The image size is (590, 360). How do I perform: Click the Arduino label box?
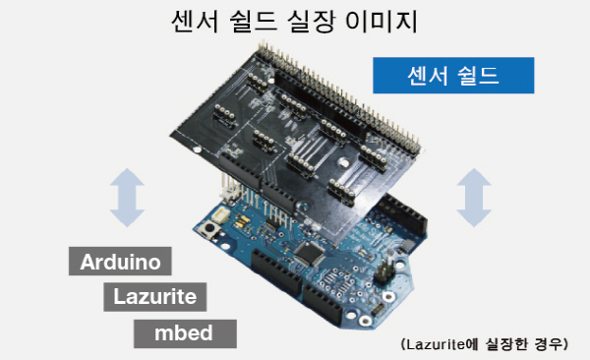point(120,261)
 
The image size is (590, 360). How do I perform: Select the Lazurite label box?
point(155,297)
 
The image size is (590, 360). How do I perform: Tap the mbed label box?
point(185,333)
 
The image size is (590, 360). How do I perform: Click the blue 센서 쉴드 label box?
point(453,76)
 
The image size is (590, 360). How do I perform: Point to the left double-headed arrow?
point(127,198)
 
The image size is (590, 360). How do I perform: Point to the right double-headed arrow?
point(474,198)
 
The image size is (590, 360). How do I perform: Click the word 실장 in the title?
point(311,22)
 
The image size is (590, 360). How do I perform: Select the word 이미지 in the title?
point(382,22)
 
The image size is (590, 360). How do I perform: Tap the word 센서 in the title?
point(196,22)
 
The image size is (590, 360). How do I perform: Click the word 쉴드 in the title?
point(253,22)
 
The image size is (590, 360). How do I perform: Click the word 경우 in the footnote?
point(549,344)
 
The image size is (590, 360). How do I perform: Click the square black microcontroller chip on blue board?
point(310,253)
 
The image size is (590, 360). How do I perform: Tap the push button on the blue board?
point(209,228)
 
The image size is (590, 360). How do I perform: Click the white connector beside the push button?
point(220,215)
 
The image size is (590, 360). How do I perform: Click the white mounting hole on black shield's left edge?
point(197,149)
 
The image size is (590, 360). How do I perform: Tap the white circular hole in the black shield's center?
point(343,162)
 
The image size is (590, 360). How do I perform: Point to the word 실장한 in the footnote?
point(506,344)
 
